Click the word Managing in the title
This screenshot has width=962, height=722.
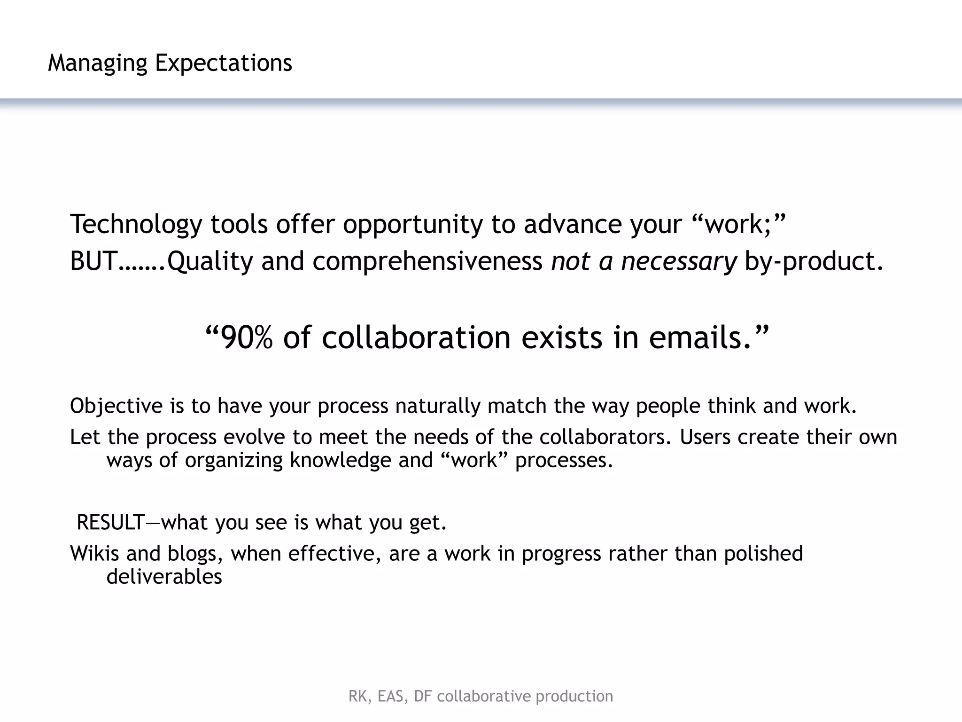97,63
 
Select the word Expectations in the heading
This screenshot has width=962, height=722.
224,63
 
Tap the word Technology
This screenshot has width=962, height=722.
135,224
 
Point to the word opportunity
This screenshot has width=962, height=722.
412,224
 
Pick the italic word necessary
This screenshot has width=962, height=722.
679,261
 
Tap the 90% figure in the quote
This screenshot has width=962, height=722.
246,337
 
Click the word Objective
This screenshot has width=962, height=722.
116,406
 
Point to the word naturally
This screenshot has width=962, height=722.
438,406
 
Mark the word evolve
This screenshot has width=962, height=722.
254,437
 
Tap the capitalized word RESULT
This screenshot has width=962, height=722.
110,522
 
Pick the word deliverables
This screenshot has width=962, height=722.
164,576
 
